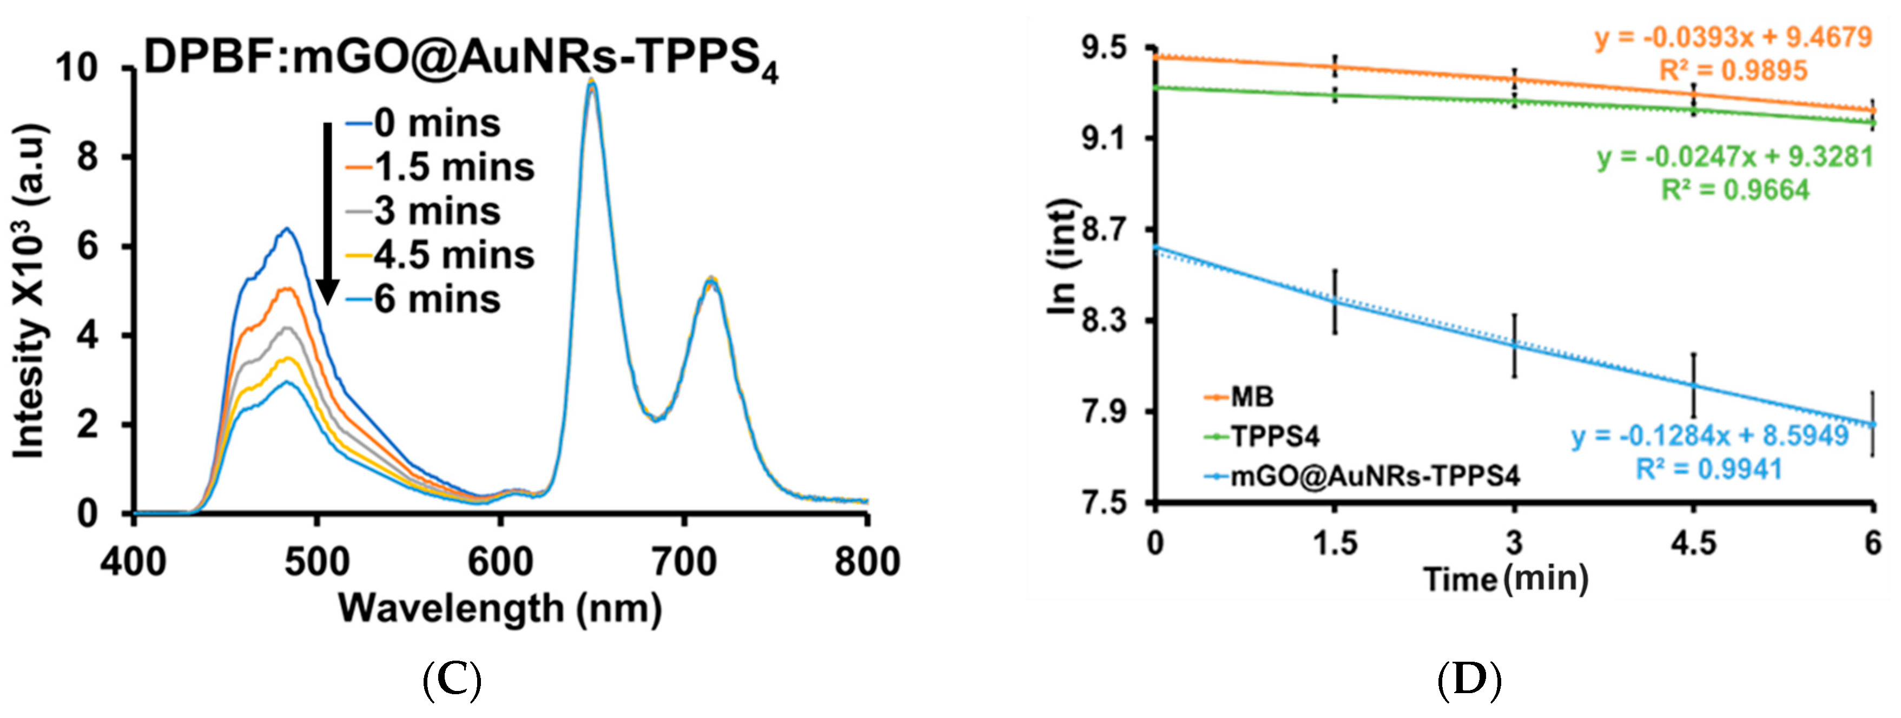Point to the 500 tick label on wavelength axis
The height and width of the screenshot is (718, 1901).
click(x=318, y=562)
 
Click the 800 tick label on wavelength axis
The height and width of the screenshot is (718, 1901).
click(x=866, y=562)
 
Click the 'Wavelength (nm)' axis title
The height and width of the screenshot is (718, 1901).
click(x=500, y=610)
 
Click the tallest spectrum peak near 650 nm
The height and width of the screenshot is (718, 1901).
click(x=590, y=83)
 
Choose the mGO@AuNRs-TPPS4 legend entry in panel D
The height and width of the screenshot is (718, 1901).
click(x=1374, y=477)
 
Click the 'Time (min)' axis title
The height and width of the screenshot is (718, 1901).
click(x=1506, y=579)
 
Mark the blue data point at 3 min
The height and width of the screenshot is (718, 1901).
click(x=1514, y=345)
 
